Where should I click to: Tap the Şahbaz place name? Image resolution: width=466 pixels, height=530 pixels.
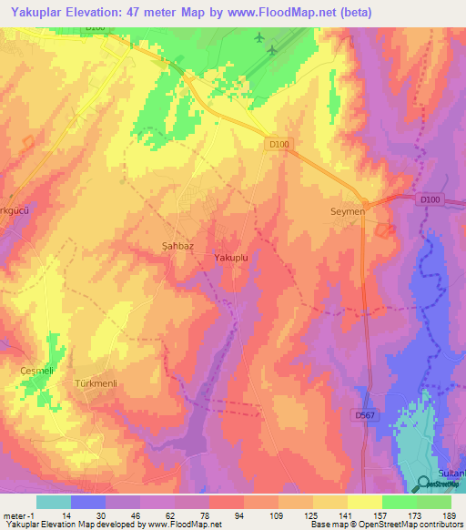coord(168,246)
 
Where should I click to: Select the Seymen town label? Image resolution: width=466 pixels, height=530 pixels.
coord(346,211)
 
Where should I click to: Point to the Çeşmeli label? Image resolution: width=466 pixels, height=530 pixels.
coord(38,371)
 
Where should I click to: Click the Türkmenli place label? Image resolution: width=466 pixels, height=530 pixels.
coord(92,384)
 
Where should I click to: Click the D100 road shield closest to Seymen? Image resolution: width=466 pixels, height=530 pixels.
coord(430,199)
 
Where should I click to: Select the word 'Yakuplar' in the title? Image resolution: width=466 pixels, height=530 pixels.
coord(34,14)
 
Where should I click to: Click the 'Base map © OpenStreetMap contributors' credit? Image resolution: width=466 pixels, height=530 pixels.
coord(386,525)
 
